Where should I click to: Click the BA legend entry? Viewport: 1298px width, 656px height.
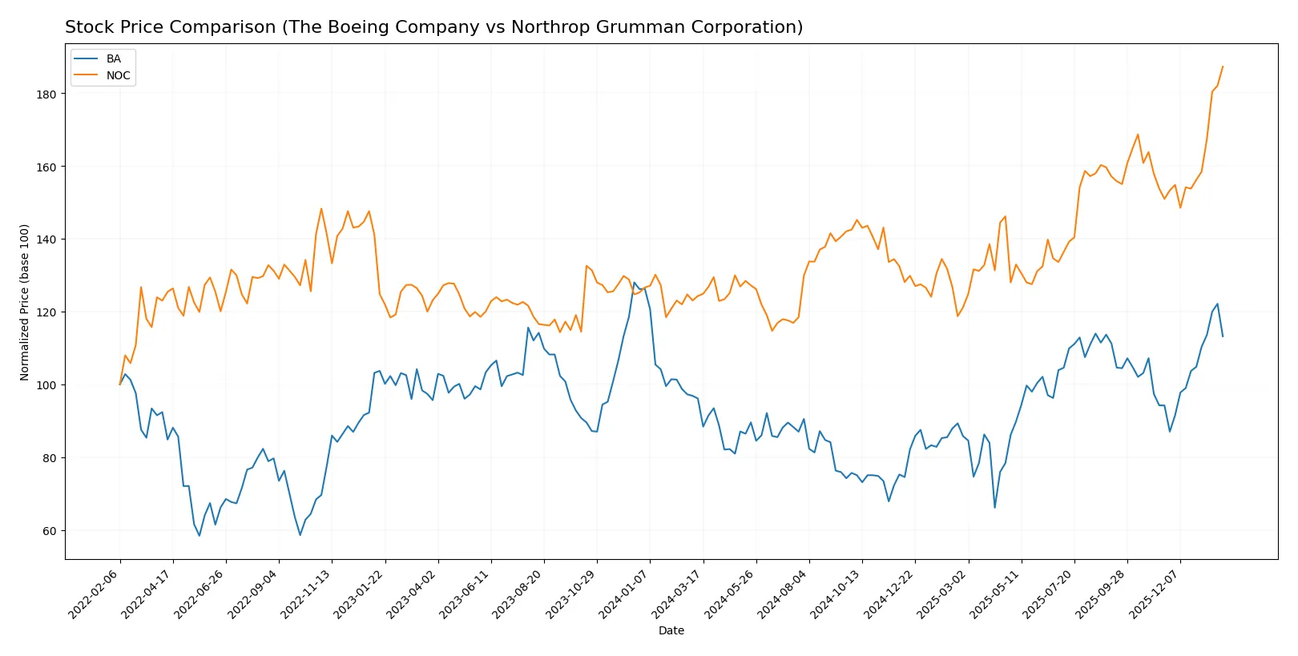pyautogui.click(x=113, y=59)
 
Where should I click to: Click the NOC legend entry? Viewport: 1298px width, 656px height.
pyautogui.click(x=118, y=76)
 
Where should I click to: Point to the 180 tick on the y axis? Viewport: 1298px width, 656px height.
pyautogui.click(x=46, y=95)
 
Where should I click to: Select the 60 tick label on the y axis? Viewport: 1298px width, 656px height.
pyautogui.click(x=50, y=531)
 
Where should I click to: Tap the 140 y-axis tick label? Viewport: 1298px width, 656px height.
pyautogui.click(x=46, y=239)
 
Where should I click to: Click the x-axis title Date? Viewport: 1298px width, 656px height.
pyautogui.click(x=671, y=630)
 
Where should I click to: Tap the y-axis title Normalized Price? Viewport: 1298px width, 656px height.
pyautogui.click(x=25, y=302)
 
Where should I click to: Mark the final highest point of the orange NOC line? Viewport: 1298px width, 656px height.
pyautogui.click(x=1223, y=66)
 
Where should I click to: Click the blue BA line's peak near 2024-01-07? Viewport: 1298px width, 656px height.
pyautogui.click(x=635, y=283)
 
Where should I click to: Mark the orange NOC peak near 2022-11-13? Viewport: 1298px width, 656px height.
pyautogui.click(x=321, y=209)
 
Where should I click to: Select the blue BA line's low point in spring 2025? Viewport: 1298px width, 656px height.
pyautogui.click(x=995, y=507)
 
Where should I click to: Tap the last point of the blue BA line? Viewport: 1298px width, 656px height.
pyautogui.click(x=1223, y=336)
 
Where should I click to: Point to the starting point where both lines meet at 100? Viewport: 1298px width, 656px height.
pyautogui.click(x=120, y=384)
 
